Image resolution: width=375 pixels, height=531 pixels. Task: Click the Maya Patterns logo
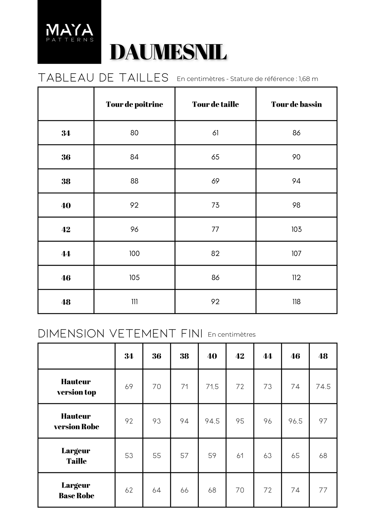tap(69, 32)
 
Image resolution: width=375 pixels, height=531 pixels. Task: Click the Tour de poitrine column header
tap(134, 104)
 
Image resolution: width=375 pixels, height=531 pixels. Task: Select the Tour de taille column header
tap(215, 104)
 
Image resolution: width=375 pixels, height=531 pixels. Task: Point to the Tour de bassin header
tap(296, 104)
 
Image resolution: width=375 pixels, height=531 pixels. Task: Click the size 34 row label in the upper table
tap(66, 133)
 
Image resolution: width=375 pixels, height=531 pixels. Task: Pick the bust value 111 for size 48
tap(134, 302)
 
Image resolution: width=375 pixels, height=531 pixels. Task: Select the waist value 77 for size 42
tap(215, 229)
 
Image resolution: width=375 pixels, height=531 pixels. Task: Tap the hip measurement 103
tap(296, 229)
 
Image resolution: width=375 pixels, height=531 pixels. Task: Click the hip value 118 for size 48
tap(296, 302)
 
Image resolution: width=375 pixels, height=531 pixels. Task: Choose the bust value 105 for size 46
tap(134, 278)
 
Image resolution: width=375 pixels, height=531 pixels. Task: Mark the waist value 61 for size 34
tap(215, 133)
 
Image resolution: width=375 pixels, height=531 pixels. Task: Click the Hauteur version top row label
tap(76, 387)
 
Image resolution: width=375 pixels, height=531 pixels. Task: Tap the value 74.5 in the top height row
tap(323, 387)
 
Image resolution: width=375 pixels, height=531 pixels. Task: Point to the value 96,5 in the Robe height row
tap(295, 421)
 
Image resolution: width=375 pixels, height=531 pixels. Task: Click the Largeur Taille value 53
tap(129, 456)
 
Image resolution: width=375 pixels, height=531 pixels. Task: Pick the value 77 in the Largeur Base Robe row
tap(323, 490)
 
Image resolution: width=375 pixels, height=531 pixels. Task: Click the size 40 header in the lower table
tap(212, 356)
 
